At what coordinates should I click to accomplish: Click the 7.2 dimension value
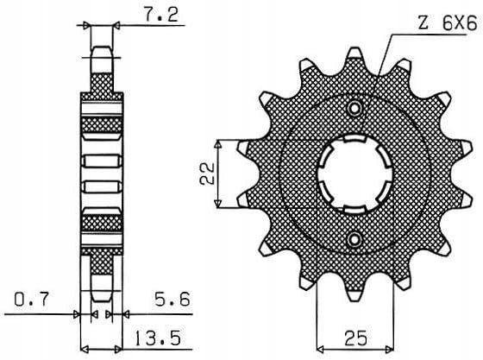pos(161,14)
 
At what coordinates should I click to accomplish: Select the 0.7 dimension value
pos(32,299)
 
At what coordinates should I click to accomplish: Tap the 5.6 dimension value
pos(172,299)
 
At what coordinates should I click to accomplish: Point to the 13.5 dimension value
pos(158,338)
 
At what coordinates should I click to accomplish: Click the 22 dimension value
pos(207,174)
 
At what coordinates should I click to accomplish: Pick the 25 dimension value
pos(355,338)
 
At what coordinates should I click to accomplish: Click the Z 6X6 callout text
pos(448,23)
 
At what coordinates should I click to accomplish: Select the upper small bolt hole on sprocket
pos(355,108)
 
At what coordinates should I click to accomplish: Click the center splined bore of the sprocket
pos(355,174)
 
